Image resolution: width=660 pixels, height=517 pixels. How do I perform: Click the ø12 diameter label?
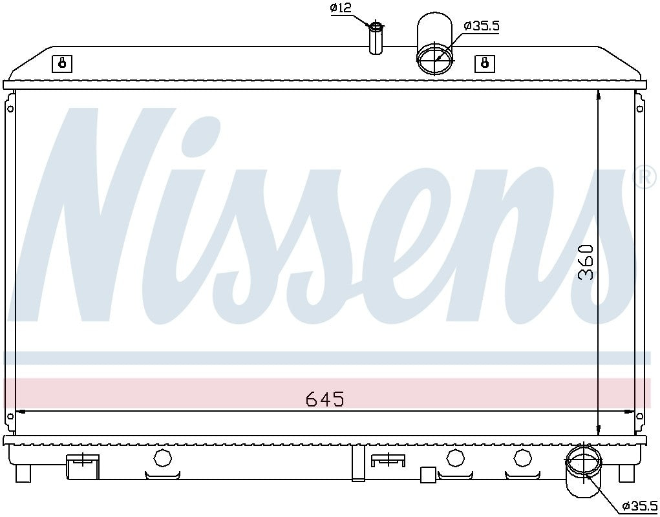pyautogui.click(x=341, y=8)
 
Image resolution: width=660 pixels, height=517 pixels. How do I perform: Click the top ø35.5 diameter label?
pyautogui.click(x=482, y=26)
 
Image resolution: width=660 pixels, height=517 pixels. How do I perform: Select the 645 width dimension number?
pyautogui.click(x=325, y=399)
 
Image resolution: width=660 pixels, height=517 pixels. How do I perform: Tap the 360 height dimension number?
pyautogui.click(x=586, y=262)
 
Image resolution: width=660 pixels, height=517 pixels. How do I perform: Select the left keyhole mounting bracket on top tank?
pyautogui.click(x=62, y=63)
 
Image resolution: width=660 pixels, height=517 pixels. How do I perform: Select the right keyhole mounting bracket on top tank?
pyautogui.click(x=485, y=63)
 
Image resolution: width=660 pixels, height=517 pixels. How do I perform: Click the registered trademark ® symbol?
pyautogui.click(x=644, y=177)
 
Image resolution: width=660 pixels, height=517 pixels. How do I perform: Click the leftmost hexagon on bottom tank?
pyautogui.click(x=162, y=458)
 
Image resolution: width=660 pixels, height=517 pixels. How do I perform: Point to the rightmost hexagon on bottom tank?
pyautogui.click(x=522, y=458)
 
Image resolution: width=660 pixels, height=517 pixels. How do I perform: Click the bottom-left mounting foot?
pyautogui.click(x=23, y=474)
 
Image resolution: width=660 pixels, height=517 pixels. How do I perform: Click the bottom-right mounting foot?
pyautogui.click(x=626, y=474)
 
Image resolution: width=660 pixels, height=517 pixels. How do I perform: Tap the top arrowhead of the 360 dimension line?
pyautogui.click(x=599, y=94)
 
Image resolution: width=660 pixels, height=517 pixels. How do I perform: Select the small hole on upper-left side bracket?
pyautogui.click(x=10, y=109)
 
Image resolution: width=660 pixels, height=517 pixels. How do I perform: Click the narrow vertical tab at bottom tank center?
pyautogui.click(x=358, y=463)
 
